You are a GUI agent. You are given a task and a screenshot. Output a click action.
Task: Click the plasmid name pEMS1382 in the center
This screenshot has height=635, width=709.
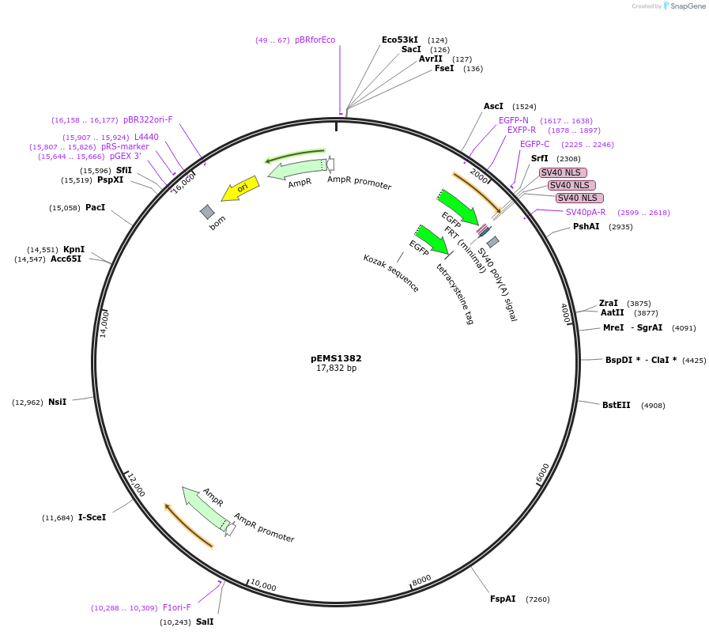336,358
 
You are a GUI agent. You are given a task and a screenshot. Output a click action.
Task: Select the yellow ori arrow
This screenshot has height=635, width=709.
240,188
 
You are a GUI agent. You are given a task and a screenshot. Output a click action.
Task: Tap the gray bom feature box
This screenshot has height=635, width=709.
207,211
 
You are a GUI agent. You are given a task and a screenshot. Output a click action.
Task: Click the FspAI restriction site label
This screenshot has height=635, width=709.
503,599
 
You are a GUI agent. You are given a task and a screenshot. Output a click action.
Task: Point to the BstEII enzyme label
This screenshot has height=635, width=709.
616,405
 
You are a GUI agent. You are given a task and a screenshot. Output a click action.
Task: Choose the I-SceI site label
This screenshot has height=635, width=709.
92,517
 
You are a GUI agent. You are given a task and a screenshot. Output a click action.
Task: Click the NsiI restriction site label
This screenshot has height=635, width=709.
57,402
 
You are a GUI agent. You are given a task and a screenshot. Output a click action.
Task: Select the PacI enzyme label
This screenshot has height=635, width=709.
95,207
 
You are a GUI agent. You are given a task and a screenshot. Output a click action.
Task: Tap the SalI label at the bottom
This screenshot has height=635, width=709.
205,622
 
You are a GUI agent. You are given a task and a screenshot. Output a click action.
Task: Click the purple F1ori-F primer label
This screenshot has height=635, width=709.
177,607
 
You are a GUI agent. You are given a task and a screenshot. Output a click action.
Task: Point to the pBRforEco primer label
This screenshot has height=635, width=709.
315,40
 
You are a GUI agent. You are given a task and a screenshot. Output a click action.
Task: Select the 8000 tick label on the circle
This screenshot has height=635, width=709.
421,580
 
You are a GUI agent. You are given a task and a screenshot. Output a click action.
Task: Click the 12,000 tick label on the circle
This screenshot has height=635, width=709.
136,485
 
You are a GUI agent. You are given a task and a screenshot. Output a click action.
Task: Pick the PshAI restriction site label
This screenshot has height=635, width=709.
586,226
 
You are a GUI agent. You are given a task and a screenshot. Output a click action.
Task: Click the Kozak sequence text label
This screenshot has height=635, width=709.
391,273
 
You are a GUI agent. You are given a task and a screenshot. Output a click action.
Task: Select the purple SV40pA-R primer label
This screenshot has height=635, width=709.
586,211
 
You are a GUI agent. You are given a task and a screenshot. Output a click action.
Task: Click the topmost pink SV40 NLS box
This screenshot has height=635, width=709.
564,172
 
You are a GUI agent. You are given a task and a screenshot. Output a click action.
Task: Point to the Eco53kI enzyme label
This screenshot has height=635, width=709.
400,40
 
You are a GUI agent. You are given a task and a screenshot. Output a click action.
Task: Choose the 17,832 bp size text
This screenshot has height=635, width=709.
336,368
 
